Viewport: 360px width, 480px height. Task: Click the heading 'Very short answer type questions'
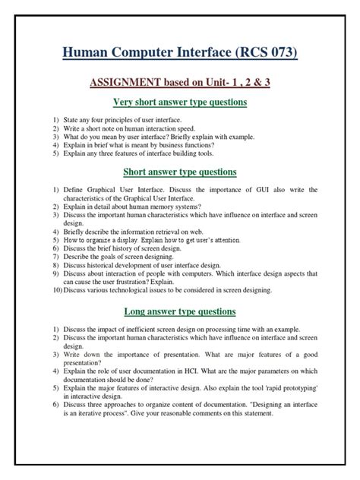click(x=180, y=102)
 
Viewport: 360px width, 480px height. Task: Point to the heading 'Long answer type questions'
click(x=180, y=311)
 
